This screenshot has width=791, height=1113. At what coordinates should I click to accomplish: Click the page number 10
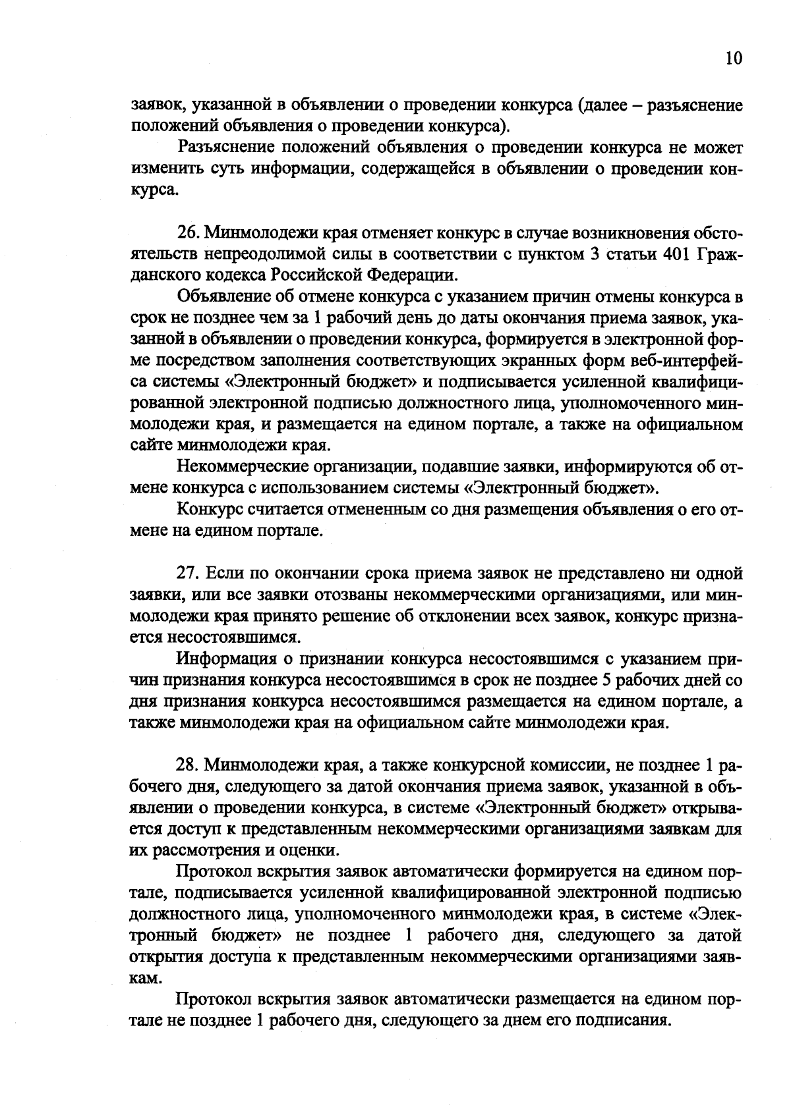(733, 59)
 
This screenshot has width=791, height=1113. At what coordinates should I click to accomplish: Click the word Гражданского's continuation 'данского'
(168, 276)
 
